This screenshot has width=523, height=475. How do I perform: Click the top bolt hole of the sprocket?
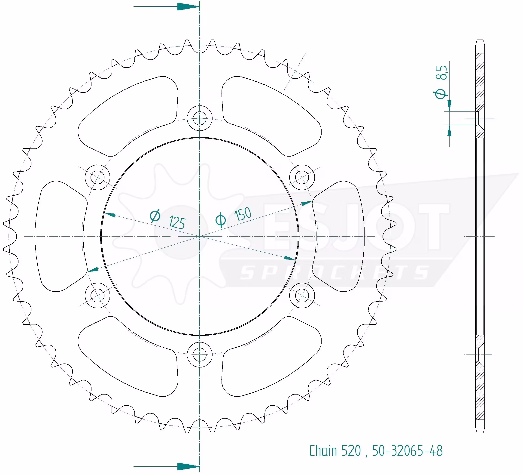[200, 118]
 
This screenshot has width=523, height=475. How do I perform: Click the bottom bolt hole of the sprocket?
[200, 355]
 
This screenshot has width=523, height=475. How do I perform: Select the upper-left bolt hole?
[97, 177]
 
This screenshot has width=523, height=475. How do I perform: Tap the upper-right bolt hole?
[302, 177]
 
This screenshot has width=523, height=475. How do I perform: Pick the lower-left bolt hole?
[97, 296]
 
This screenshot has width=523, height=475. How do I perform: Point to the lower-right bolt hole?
[302, 296]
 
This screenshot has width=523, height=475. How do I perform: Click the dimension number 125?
[177, 222]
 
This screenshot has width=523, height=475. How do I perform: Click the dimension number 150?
[243, 214]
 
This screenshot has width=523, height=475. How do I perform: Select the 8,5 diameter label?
[441, 72]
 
